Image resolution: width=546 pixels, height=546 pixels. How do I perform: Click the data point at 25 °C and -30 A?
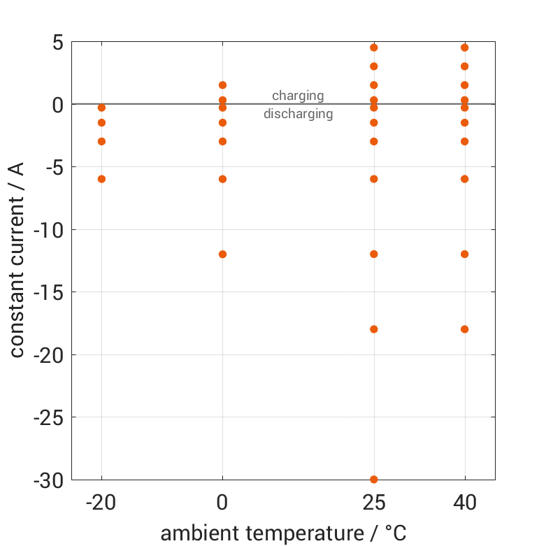374,480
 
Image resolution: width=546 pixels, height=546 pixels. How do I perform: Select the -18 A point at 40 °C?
465,329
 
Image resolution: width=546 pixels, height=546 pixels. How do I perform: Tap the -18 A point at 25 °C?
374,329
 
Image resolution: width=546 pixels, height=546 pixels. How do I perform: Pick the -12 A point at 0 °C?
222,254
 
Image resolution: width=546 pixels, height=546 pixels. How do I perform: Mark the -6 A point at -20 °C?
101,179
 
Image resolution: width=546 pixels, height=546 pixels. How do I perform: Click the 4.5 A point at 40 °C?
465,48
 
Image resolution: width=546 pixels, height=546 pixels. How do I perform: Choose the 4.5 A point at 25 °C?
374,48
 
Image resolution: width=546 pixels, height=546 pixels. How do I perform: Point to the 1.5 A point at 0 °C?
222,85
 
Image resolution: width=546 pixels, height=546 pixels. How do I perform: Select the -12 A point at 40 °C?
465,254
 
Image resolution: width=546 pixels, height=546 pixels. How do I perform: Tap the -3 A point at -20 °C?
101,141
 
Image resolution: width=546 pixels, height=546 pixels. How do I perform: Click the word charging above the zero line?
298,96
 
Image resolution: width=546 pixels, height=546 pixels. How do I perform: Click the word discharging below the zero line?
298,113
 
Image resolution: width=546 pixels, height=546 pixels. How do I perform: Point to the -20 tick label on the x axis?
101,503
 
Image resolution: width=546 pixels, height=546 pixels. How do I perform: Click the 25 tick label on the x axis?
374,503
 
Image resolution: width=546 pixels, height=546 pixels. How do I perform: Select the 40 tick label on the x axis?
465,503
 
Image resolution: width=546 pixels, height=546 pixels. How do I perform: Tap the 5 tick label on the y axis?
57,43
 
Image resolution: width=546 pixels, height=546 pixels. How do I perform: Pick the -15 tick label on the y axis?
48,292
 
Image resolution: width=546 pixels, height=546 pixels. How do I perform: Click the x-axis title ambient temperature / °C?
283,533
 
